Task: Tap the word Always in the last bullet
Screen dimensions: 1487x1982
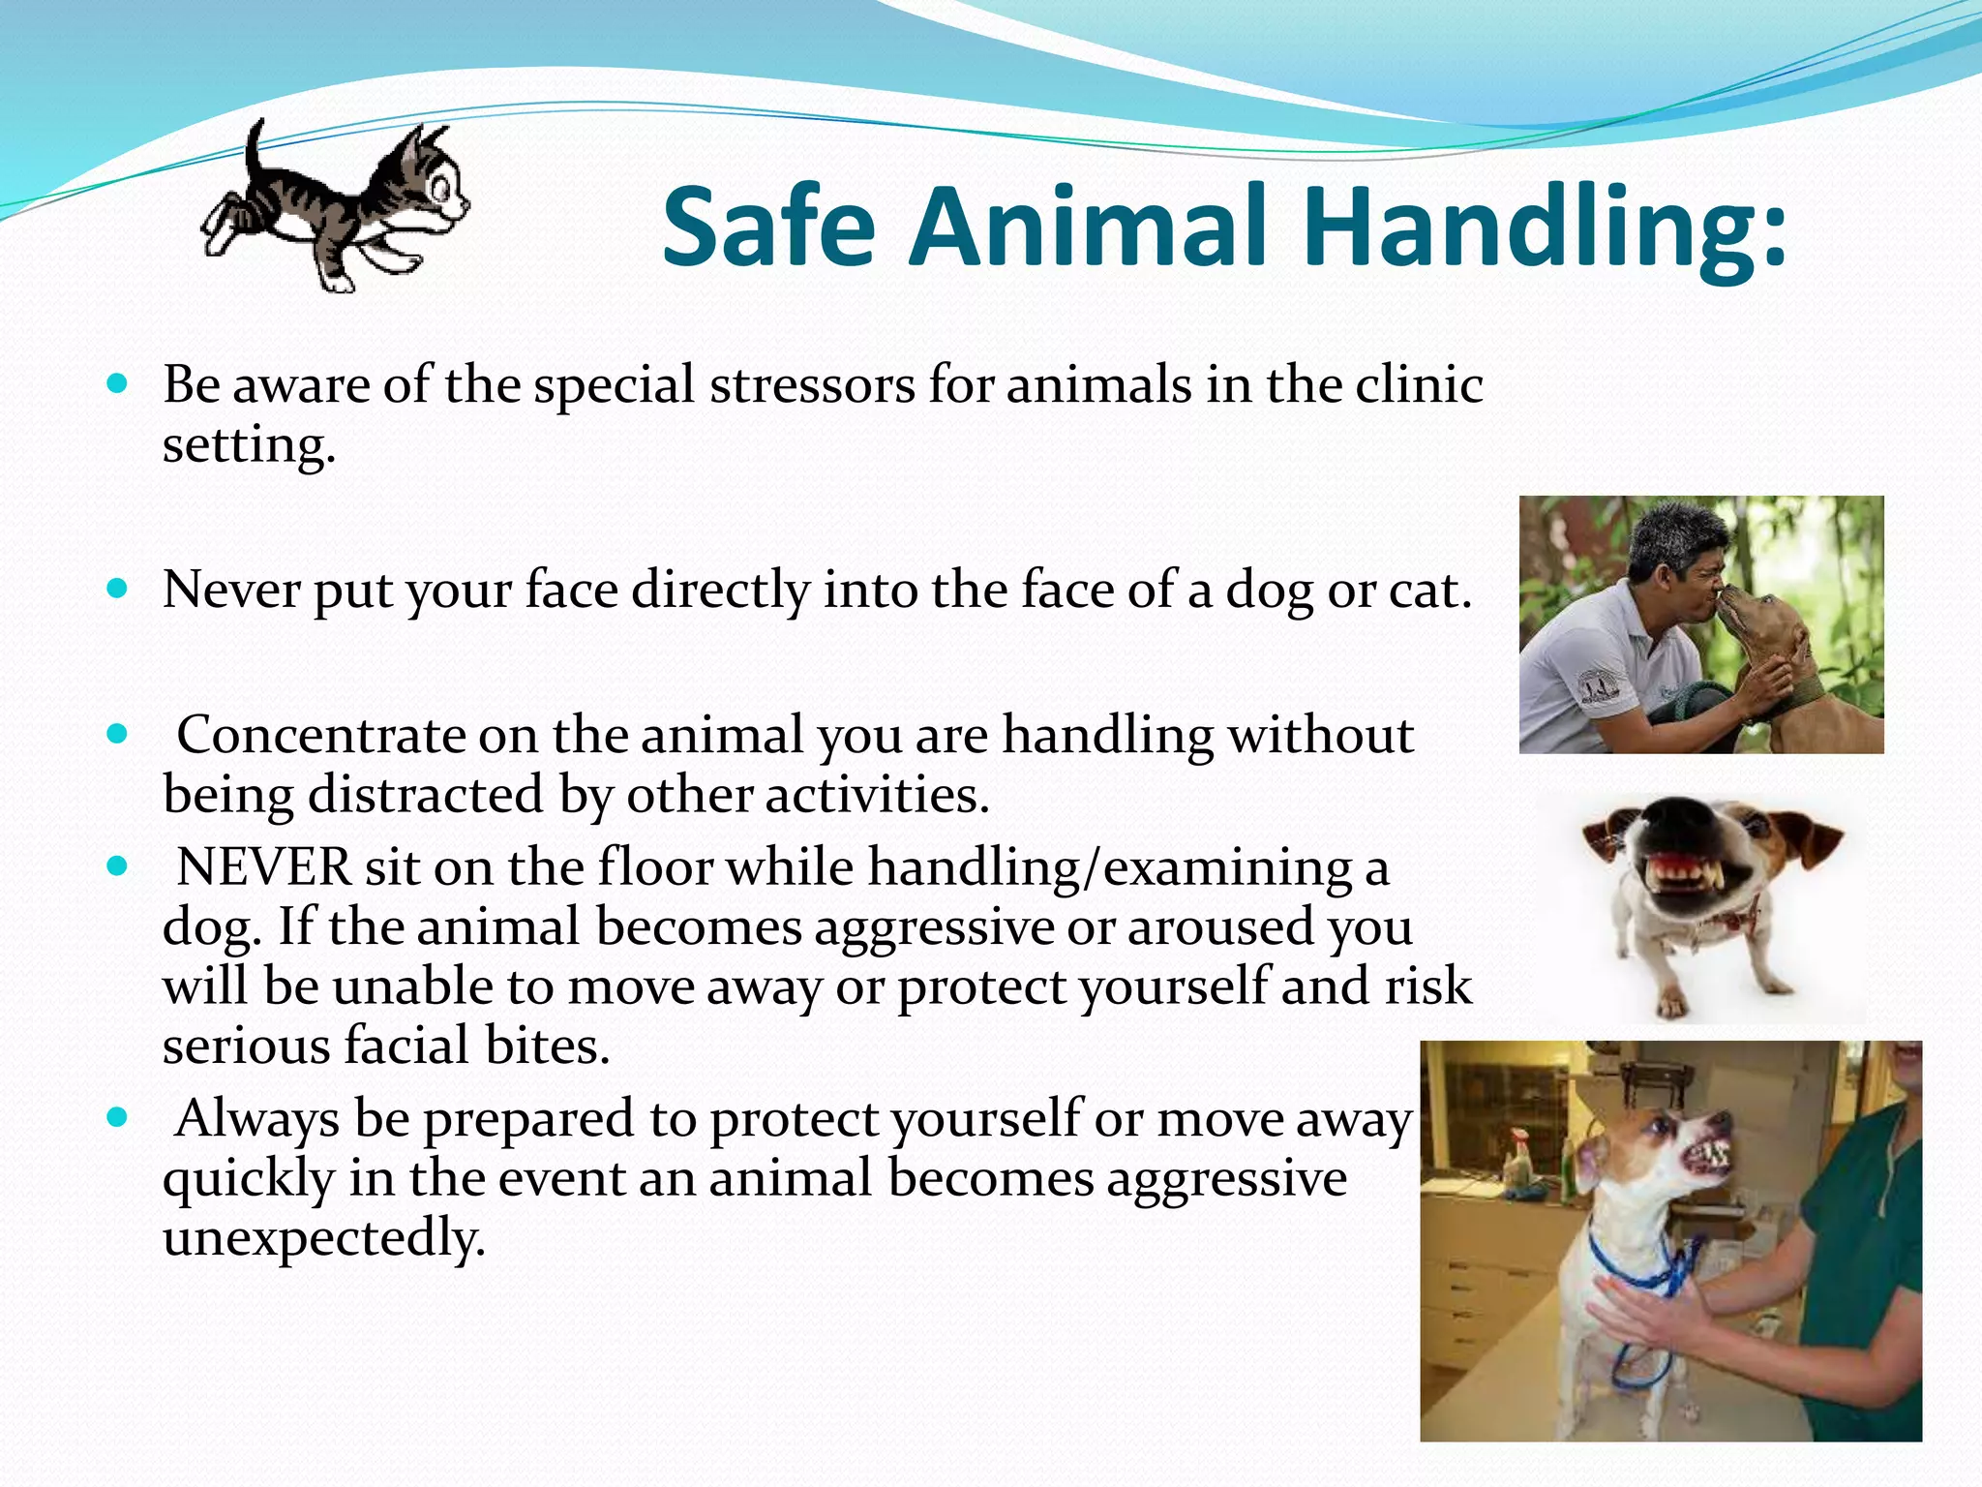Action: click(257, 1118)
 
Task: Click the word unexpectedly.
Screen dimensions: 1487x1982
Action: click(323, 1238)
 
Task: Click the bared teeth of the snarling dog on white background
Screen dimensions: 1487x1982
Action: click(1690, 884)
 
